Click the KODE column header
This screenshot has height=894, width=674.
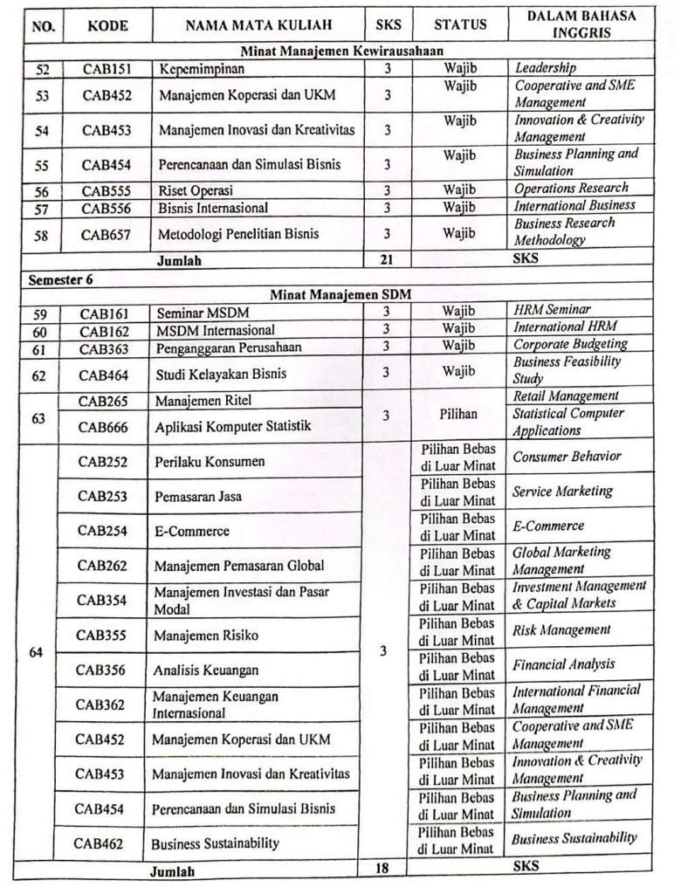(108, 26)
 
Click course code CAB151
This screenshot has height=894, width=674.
(106, 68)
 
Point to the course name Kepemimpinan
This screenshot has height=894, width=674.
(201, 68)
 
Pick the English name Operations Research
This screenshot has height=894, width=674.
(570, 188)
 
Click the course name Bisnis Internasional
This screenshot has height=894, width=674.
(213, 208)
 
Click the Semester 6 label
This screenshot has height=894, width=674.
(61, 279)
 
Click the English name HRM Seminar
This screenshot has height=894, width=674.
(552, 310)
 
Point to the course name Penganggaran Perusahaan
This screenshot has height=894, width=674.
(229, 347)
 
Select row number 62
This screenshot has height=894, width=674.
(42, 375)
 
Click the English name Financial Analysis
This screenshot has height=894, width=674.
(563, 664)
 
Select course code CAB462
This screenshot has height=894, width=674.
(99, 842)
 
